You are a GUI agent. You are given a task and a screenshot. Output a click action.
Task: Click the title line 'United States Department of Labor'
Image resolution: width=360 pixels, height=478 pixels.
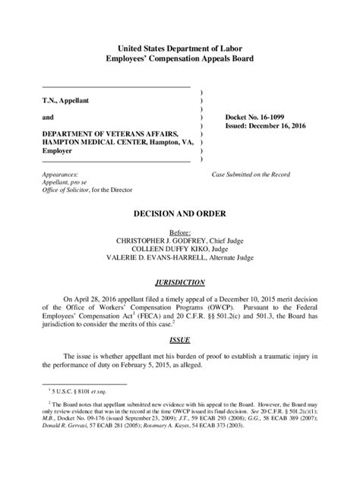[180, 48]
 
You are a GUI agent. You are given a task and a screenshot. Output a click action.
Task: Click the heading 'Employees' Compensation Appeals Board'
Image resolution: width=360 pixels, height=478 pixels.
[180, 58]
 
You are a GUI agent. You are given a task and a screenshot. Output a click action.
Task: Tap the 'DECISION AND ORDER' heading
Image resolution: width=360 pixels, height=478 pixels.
[180, 215]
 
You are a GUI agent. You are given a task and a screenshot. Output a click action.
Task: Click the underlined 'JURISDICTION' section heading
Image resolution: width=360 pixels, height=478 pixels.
[180, 282]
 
